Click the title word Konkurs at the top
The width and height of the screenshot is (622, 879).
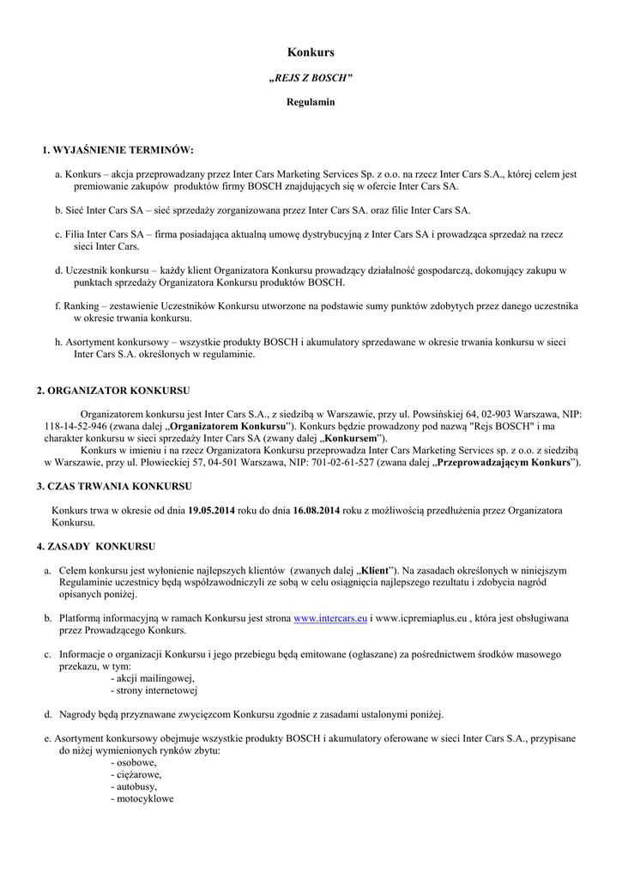[x=311, y=53]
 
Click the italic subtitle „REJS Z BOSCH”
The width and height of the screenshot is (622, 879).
[x=311, y=78]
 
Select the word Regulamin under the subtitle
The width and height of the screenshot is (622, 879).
[x=311, y=102]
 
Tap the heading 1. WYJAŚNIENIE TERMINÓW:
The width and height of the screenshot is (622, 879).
[x=118, y=150]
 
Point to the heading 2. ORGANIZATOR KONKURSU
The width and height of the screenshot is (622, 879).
[x=113, y=391]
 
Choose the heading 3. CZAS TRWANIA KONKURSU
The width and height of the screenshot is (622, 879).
[x=114, y=486]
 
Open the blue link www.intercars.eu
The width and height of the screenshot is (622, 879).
[x=330, y=617]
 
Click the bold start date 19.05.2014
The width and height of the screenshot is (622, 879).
[x=211, y=510]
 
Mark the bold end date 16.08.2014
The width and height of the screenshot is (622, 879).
[x=317, y=510]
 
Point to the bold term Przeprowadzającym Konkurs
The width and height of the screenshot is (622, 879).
[x=504, y=462]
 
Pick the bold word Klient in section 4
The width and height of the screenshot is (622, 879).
[x=375, y=570]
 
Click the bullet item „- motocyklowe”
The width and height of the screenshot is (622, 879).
[x=142, y=798]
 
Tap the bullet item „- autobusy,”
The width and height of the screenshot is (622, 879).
[x=134, y=786]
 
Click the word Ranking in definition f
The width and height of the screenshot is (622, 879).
[x=83, y=306]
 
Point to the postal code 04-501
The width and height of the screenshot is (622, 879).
[x=218, y=462]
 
